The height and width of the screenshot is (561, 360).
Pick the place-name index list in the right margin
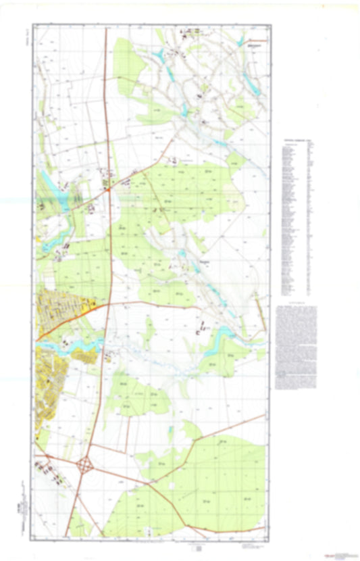pos(296,216)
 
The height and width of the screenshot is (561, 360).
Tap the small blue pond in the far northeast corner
pos(240,41)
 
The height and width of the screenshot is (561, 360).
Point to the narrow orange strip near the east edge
pos(259,314)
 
